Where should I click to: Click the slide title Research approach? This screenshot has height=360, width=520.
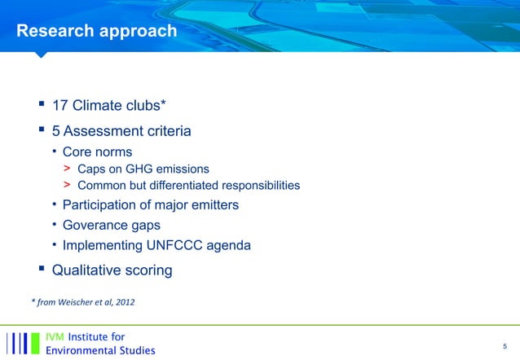coord(97,31)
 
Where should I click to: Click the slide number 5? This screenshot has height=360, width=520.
coord(505,345)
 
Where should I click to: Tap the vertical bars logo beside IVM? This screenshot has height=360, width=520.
coord(23,343)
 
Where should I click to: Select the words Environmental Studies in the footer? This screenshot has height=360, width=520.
coord(99,350)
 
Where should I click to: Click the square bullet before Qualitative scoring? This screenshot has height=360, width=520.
coord(38,269)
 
